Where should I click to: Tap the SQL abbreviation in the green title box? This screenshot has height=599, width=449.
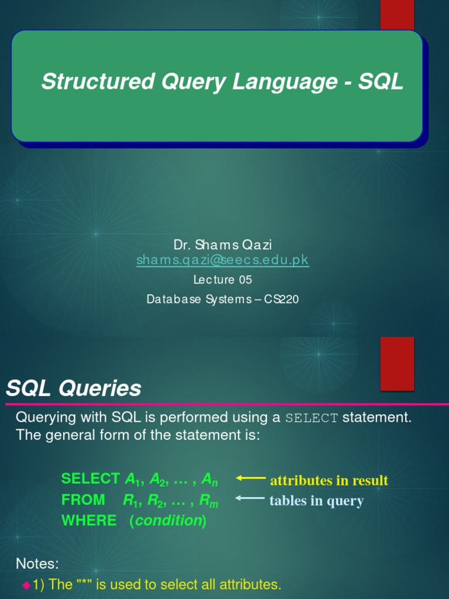point(381,82)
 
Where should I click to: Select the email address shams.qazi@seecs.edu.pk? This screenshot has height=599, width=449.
point(223,260)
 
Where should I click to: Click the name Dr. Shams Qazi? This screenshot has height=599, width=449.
point(222,244)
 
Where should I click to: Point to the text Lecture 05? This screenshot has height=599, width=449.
point(222,280)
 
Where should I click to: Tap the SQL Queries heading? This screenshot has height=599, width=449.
point(74,388)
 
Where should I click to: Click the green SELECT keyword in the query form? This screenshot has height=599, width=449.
point(91,479)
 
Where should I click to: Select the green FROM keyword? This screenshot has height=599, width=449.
point(83,500)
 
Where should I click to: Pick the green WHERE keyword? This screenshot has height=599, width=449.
point(89,521)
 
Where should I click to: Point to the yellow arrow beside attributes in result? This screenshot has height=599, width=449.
point(251,478)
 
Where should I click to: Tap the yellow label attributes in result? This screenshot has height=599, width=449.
point(329,481)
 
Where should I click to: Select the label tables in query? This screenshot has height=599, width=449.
point(316,501)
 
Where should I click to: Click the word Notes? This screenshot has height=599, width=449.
point(37,564)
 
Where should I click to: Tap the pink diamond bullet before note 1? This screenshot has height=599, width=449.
point(26,585)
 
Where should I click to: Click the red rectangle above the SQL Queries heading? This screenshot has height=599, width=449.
point(397,363)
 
